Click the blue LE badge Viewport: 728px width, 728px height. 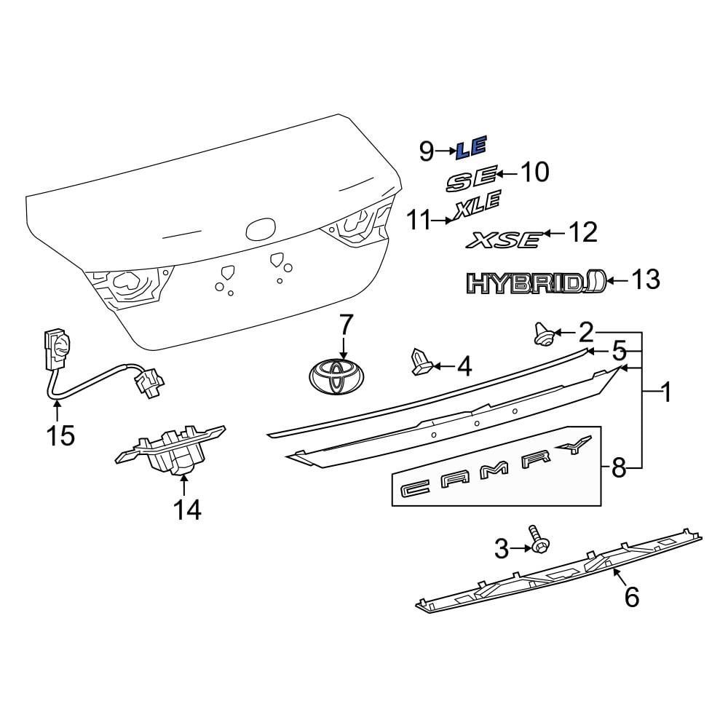[x=470, y=149]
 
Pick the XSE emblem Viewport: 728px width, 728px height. [x=505, y=239]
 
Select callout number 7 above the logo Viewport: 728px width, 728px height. [x=345, y=324]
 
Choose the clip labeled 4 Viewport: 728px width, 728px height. [x=420, y=362]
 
